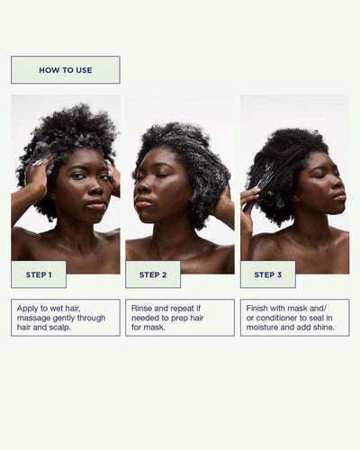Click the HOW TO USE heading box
[x=66, y=70]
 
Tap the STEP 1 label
[x=39, y=274]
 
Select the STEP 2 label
[x=153, y=274]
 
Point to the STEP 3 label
[x=268, y=274]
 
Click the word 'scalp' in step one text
[x=59, y=328]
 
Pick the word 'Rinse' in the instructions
[x=141, y=309]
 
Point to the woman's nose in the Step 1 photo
[x=95, y=188]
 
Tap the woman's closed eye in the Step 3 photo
[x=320, y=175]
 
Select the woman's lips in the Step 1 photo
[x=96, y=204]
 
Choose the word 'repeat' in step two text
[x=183, y=309]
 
